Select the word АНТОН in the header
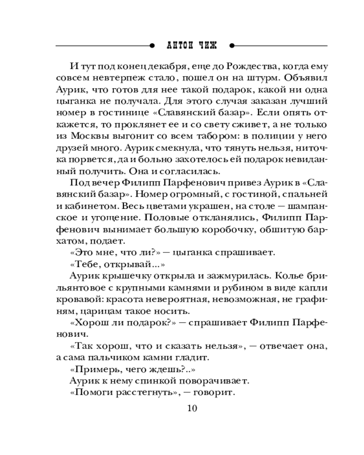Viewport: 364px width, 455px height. (x=175, y=46)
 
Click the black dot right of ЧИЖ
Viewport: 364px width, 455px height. (x=232, y=46)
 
